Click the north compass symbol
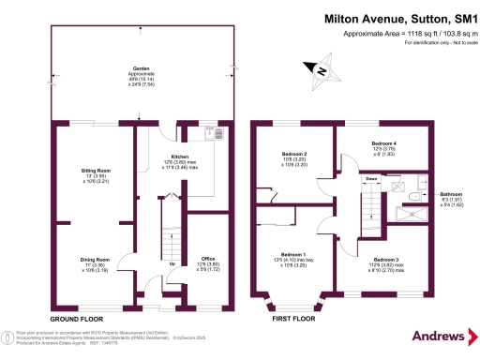pos(320,69)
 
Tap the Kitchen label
pos(179,157)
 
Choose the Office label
pos(209,259)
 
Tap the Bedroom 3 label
pos(386,259)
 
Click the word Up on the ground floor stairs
pos(172,263)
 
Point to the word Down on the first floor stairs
pos(371,178)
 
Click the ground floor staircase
pos(170,234)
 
